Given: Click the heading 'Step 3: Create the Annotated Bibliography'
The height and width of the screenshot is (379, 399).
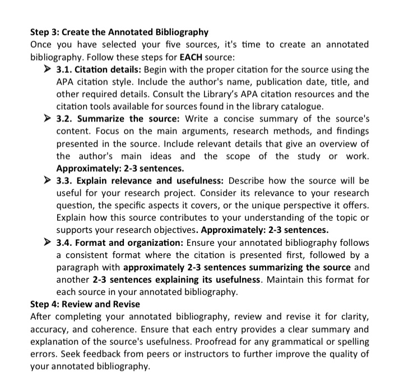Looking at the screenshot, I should pos(119,32).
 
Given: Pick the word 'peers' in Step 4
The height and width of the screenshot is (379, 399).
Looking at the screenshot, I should pos(180,354).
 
